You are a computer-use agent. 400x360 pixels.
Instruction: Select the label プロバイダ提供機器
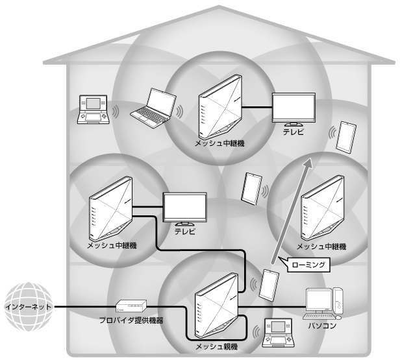pos(132,321)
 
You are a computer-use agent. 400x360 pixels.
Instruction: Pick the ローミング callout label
pos(308,264)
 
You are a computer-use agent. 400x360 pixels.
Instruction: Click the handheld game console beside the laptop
pos(92,109)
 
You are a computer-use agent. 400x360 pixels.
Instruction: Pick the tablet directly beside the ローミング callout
pos(269,283)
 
